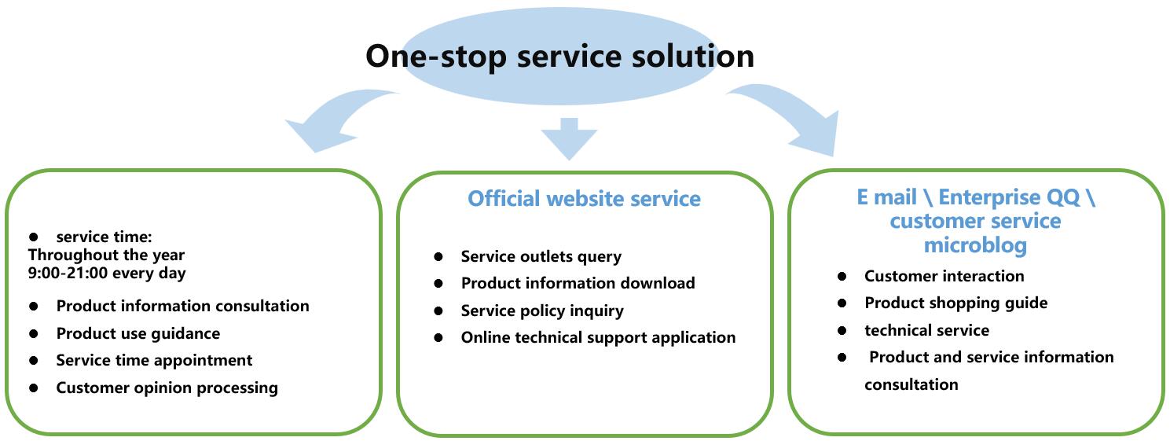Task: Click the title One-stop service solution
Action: (559, 56)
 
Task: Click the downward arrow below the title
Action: (569, 138)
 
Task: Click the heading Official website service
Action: (584, 199)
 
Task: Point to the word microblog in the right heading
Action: (975, 245)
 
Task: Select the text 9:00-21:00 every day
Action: (107, 274)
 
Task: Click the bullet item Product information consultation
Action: (182, 306)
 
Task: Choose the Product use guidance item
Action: (138, 333)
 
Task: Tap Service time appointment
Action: (154, 360)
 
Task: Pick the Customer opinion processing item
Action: (167, 388)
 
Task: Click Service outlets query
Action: (541, 256)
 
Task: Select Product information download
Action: (578, 283)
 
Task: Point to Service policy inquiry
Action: (542, 311)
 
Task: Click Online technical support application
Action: (598, 337)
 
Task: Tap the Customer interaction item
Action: (944, 276)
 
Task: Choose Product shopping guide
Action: (955, 303)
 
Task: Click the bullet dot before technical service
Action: (842, 330)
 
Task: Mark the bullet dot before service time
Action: (34, 237)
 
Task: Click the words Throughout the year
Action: (106, 255)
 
